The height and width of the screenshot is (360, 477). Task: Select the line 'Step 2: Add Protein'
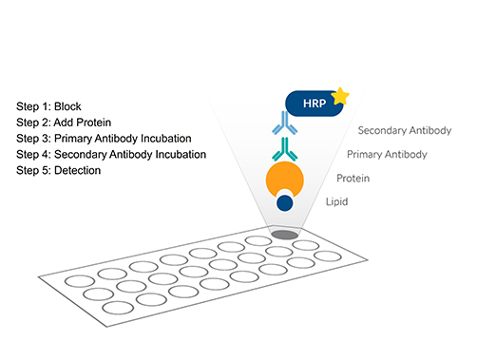coord(70,122)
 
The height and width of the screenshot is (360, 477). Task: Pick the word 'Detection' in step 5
coord(86,170)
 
